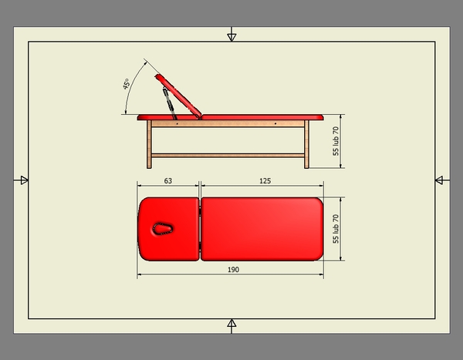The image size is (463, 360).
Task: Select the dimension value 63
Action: pos(167,180)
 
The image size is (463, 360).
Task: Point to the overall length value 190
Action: pos(233,269)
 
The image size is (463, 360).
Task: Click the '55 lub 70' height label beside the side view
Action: pos(336,142)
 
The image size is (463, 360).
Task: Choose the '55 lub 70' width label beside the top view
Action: pos(336,229)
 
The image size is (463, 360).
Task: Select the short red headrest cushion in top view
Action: pos(169,228)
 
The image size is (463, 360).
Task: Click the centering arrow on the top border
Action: pos(231,35)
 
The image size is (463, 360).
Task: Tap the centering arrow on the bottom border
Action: pos(231,325)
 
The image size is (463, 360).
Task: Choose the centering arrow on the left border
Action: pos(22,180)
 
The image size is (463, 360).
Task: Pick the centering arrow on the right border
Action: pos(440,180)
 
